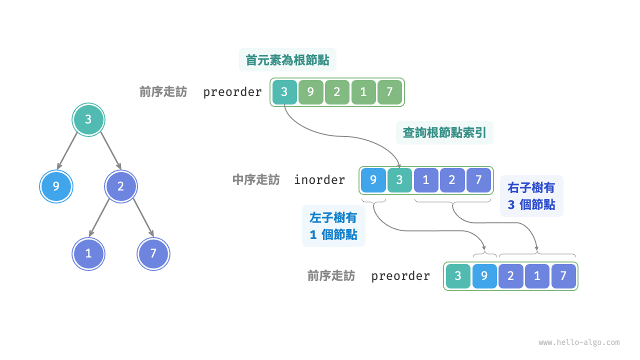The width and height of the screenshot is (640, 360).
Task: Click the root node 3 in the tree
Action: pos(88,119)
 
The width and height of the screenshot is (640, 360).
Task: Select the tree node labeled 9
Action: pos(56,186)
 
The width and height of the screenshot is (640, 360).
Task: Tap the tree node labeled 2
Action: pos(120,186)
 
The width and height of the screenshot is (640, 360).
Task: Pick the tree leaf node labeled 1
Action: pos(88,253)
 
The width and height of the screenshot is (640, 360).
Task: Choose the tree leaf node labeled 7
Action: pos(153,253)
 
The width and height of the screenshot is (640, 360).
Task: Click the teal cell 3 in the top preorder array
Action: pos(284,92)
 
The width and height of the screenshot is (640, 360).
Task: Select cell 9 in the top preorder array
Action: pos(311,92)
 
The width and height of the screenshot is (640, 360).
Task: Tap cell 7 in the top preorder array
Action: pos(390,92)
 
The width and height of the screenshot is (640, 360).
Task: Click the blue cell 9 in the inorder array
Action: pos(373,180)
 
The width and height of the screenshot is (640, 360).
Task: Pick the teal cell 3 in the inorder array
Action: pos(399,180)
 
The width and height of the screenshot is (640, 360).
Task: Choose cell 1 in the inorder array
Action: pos(426,180)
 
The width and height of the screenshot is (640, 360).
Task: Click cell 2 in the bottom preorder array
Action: pos(510,276)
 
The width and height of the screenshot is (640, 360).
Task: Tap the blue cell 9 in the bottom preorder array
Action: pos(484,276)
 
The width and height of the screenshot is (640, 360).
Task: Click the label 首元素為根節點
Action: pos(287,60)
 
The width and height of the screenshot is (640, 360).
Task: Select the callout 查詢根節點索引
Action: pos(444,132)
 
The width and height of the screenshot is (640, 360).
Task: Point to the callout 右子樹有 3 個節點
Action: pos(531,196)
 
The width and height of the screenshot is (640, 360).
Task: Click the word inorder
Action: pos(319,180)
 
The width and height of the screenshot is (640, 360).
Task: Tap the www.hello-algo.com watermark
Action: pos(579,342)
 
